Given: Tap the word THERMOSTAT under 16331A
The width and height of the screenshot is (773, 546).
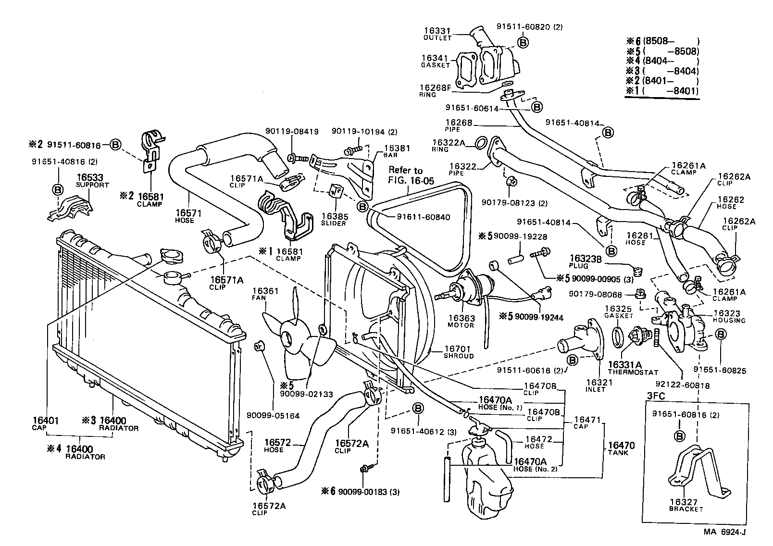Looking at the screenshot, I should [x=633, y=372].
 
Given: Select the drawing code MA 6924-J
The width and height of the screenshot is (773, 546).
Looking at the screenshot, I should [x=725, y=532].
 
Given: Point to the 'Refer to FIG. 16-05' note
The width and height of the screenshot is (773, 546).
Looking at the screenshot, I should [x=411, y=175].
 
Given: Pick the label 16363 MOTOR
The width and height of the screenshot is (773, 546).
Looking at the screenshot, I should [x=461, y=321].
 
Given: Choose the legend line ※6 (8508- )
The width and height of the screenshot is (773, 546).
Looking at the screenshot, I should [x=662, y=41].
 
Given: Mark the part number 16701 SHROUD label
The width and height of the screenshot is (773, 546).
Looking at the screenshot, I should [x=459, y=352].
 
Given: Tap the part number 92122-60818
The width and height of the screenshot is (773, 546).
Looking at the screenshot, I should [x=682, y=385].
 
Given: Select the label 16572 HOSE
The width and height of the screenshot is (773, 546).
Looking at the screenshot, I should [x=277, y=446].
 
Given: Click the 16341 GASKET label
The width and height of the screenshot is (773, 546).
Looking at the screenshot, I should [x=436, y=61].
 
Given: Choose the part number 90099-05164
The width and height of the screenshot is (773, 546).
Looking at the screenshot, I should [x=273, y=415].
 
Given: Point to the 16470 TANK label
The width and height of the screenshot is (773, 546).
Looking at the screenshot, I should [x=621, y=448].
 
